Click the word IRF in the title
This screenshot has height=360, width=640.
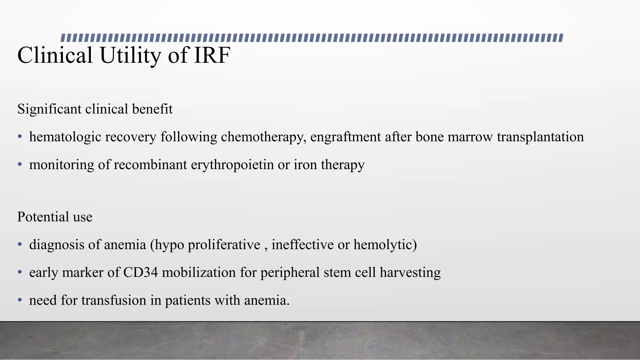click(x=212, y=55)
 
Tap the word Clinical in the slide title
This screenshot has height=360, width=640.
click(x=55, y=55)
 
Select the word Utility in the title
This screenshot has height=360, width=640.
click(x=130, y=55)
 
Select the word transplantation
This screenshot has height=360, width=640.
click(x=540, y=137)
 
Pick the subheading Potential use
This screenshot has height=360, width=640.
click(x=55, y=217)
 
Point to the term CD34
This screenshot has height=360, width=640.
click(x=140, y=272)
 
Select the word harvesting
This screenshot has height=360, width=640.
click(x=410, y=272)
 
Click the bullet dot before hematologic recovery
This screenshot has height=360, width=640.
click(x=20, y=137)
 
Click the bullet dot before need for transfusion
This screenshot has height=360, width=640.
click(x=20, y=300)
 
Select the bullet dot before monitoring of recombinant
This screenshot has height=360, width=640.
click(x=20, y=165)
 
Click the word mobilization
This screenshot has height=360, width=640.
click(x=199, y=272)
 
